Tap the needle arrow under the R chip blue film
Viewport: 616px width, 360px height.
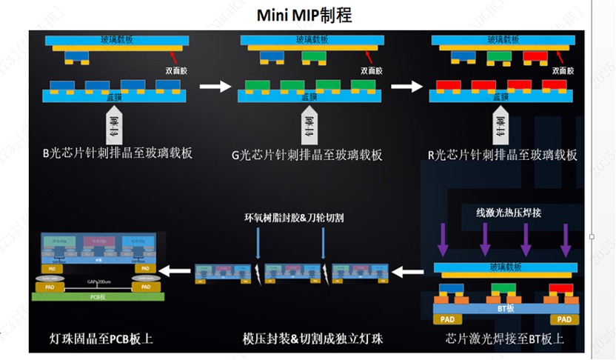503,127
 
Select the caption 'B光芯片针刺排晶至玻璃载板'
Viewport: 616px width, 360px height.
117,154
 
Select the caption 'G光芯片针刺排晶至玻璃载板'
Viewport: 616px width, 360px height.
307,154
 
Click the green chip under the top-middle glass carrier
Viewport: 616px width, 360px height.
313,56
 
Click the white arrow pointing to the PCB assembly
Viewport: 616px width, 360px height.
175,271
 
